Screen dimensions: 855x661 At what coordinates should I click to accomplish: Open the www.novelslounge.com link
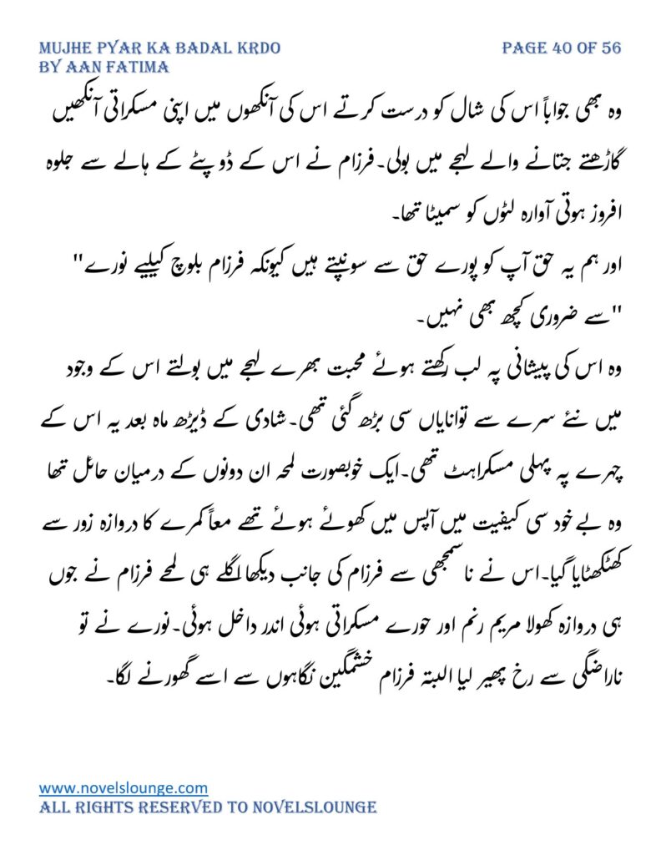tap(124, 787)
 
